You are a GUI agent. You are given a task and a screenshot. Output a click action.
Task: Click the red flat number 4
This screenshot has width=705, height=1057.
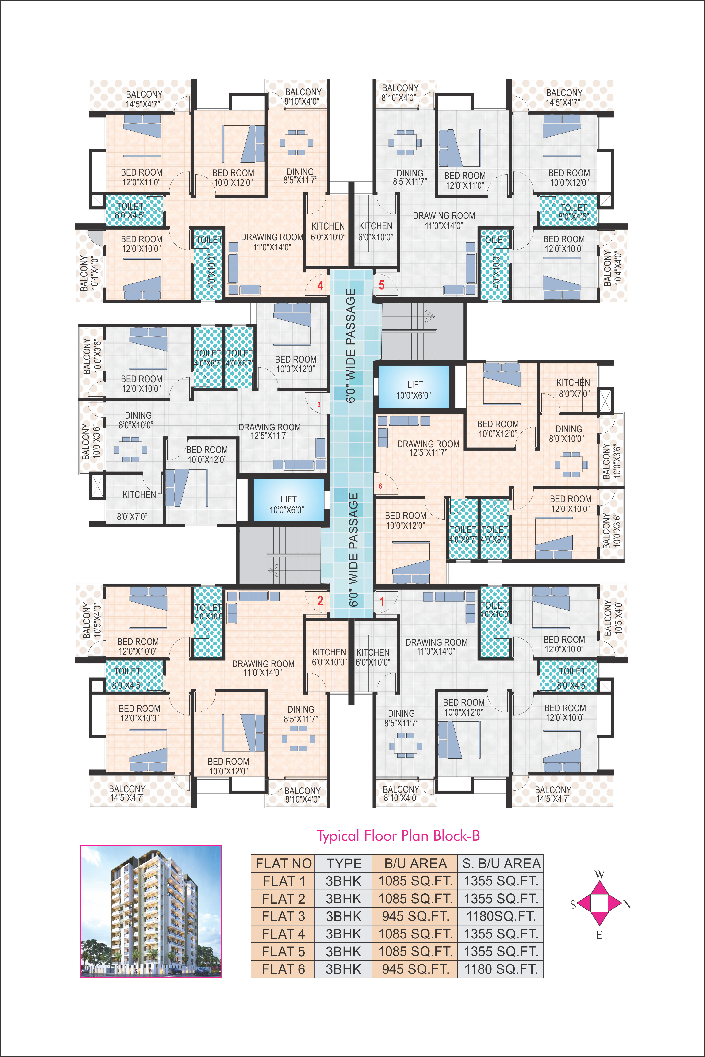[320, 286]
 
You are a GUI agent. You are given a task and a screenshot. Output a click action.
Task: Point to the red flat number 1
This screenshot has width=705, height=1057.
[382, 601]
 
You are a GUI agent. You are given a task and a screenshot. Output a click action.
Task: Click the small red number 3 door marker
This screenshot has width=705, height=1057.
[319, 405]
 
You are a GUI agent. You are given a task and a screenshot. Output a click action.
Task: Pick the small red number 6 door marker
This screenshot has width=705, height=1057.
[380, 486]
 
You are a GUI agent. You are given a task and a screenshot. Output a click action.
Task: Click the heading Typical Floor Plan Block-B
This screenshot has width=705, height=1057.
[398, 836]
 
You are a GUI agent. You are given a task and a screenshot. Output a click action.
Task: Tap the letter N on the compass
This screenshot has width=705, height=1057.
[627, 905]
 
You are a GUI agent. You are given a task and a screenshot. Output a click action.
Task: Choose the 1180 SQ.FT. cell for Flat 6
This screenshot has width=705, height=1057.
[501, 969]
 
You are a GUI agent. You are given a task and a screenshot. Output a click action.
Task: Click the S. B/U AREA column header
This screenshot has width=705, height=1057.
[501, 863]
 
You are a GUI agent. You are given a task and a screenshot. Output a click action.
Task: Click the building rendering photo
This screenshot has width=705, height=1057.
[151, 911]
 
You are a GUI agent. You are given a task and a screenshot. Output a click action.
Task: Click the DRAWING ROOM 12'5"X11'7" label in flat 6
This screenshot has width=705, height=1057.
[428, 448]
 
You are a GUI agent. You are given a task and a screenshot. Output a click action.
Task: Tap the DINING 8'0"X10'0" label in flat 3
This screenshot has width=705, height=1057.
[136, 420]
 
